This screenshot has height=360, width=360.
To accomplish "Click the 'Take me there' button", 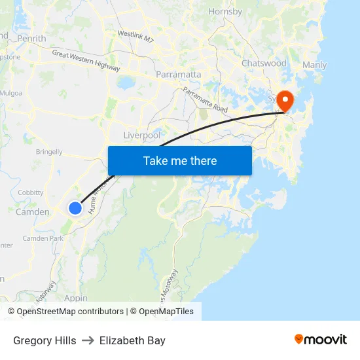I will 180,160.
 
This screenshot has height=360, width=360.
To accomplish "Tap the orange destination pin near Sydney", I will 285,101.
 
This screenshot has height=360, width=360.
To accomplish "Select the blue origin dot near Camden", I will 75,207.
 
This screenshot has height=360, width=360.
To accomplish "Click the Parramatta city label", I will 178,75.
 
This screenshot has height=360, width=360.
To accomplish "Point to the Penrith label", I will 32,39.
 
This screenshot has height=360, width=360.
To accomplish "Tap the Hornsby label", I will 225,11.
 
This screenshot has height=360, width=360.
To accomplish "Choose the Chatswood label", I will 264,63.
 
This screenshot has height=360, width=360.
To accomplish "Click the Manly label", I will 314,65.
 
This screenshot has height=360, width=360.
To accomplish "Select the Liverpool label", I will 142,135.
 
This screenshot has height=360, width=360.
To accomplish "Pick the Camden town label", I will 32,212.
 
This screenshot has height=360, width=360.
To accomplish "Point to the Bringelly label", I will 49,152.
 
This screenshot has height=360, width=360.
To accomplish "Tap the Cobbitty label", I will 31,192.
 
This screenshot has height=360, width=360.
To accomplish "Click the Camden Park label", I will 43,238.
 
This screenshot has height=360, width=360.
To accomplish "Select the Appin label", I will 76,298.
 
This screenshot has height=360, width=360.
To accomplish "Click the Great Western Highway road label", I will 86,61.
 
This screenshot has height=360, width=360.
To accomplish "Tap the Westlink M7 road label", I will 135,36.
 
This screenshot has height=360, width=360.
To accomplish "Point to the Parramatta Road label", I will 205,100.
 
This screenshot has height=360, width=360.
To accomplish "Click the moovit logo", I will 320,339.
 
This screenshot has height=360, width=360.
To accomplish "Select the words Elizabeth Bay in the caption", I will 132,340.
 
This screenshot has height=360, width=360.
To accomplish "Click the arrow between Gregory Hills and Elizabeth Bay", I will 88,340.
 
